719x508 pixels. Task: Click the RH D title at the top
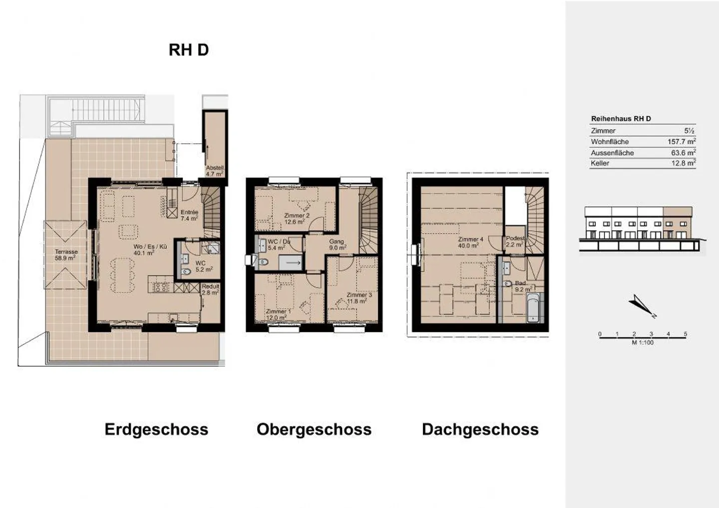pos(188,50)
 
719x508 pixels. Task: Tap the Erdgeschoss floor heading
pos(156,429)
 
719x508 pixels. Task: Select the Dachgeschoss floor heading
pos(480,429)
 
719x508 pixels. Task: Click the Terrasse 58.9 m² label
pos(65,255)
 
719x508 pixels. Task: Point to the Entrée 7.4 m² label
pos(189,215)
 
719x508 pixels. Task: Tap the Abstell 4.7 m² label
pos(215,171)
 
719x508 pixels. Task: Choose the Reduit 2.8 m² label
pos(210,289)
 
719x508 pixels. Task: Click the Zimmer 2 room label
pos(297,219)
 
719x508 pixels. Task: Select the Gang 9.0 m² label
pos(337,245)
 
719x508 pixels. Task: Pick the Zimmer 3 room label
pos(359,298)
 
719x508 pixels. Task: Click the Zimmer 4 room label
pos(470,242)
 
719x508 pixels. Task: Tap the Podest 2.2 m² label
pos(515,242)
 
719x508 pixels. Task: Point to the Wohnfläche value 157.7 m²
pos(681,142)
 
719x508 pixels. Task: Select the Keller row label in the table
pos(600,163)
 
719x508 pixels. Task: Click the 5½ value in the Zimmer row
pos(689,131)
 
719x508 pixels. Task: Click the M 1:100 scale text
pos(642,343)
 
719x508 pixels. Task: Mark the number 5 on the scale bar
pos(685,334)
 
